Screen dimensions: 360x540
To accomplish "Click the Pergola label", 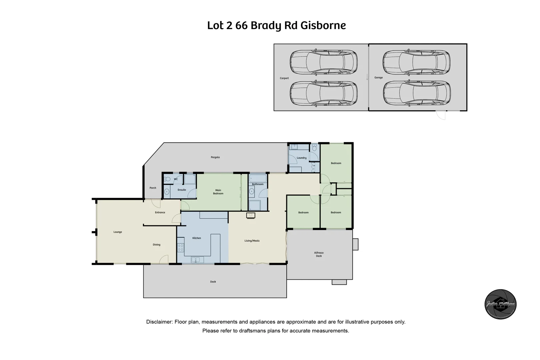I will tap(215, 157).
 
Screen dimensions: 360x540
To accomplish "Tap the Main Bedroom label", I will tap(218, 192).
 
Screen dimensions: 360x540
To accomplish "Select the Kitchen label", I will tap(197, 238).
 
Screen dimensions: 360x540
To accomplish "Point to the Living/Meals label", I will tap(252, 241).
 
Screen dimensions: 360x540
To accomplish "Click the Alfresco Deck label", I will tap(319, 254).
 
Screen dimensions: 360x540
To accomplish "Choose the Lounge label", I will tap(118, 232).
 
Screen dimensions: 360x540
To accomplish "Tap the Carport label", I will tap(284, 78).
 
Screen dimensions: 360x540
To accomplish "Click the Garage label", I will tap(378, 78).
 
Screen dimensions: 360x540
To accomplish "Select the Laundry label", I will tap(301, 158).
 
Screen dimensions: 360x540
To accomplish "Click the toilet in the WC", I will tap(168, 179).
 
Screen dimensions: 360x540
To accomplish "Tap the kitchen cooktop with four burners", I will tap(180, 247).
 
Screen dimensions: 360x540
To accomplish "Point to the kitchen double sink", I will tap(196, 260).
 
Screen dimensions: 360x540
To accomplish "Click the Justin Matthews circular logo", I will tap(500, 304).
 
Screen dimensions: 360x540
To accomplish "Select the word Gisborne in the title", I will tap(323, 26).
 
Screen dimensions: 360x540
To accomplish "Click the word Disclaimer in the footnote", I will tap(159, 322).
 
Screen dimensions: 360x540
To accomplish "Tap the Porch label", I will tap(153, 188).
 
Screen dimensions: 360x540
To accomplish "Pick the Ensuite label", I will tap(182, 190).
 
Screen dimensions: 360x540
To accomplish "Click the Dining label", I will tap(157, 245).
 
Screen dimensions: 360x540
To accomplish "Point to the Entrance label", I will tap(160, 212).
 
